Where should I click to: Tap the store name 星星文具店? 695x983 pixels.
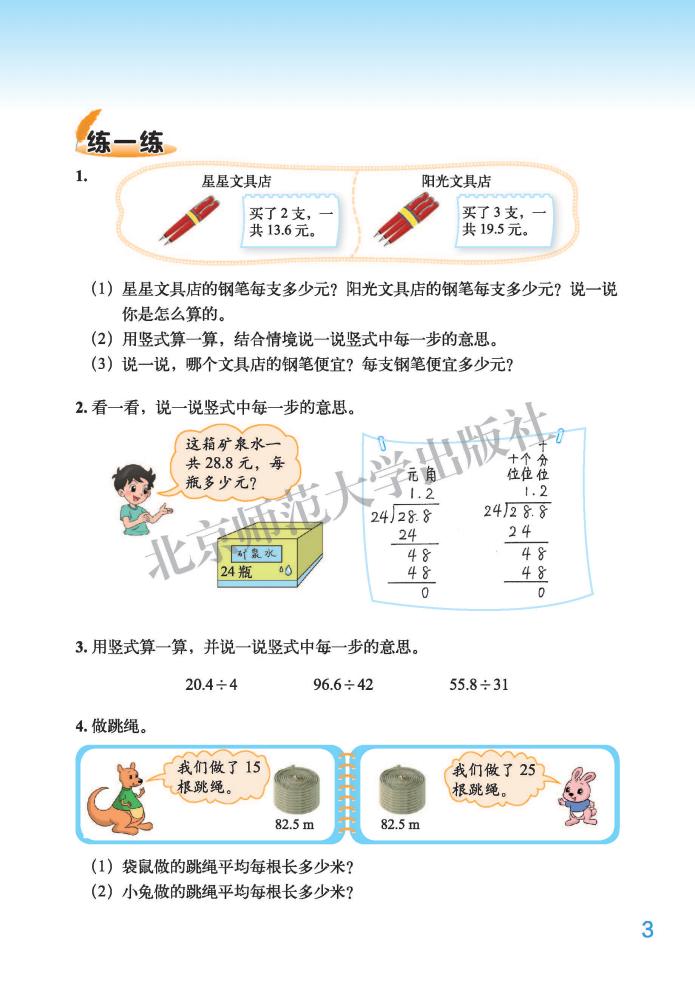(237, 181)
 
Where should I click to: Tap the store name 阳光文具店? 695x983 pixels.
(456, 181)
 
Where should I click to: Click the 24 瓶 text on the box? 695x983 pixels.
(238, 574)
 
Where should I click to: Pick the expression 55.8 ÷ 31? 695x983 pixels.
(480, 685)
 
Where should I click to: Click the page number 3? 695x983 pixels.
(646, 929)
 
